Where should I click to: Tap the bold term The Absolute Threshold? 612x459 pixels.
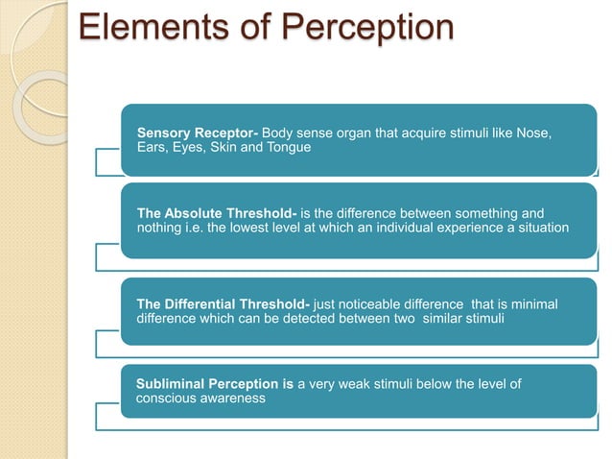(216, 212)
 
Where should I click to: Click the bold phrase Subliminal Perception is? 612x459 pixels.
(215, 384)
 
